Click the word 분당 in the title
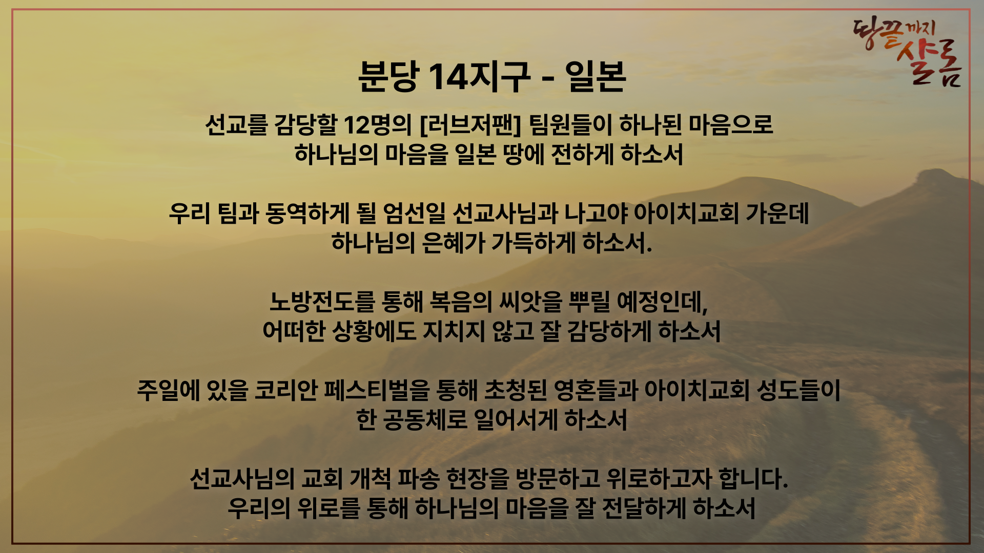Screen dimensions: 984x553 [x=388, y=76]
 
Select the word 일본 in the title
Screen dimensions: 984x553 [x=596, y=76]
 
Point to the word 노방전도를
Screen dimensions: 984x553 [x=322, y=302]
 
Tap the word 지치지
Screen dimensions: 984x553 [x=454, y=331]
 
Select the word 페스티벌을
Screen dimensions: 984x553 [x=377, y=390]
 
